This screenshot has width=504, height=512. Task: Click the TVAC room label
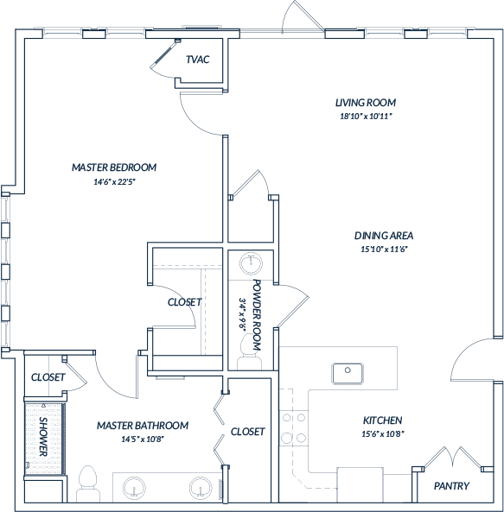(197, 60)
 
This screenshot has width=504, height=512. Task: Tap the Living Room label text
(366, 103)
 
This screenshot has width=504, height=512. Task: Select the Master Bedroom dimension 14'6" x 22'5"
(114, 182)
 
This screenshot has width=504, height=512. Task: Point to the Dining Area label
(384, 236)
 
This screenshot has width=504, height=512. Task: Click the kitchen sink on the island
(348, 374)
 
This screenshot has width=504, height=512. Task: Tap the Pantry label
(451, 486)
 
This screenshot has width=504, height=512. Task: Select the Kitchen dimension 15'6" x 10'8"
(383, 434)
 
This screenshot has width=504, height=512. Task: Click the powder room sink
(251, 262)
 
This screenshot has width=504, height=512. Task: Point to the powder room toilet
(249, 352)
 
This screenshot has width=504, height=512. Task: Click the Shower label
(43, 436)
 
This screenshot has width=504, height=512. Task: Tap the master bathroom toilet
(88, 484)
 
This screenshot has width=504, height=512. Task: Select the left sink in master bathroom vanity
(134, 488)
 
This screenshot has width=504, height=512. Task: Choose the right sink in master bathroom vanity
(201, 488)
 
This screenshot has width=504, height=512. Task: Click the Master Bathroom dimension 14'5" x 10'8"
(143, 439)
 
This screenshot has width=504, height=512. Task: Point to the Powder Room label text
(258, 315)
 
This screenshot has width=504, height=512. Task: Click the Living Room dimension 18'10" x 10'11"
(366, 117)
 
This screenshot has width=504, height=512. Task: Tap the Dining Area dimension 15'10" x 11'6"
(384, 250)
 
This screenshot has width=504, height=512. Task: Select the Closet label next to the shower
(48, 377)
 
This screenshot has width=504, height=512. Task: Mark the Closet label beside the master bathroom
(247, 432)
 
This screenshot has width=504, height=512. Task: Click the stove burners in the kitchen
(294, 427)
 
